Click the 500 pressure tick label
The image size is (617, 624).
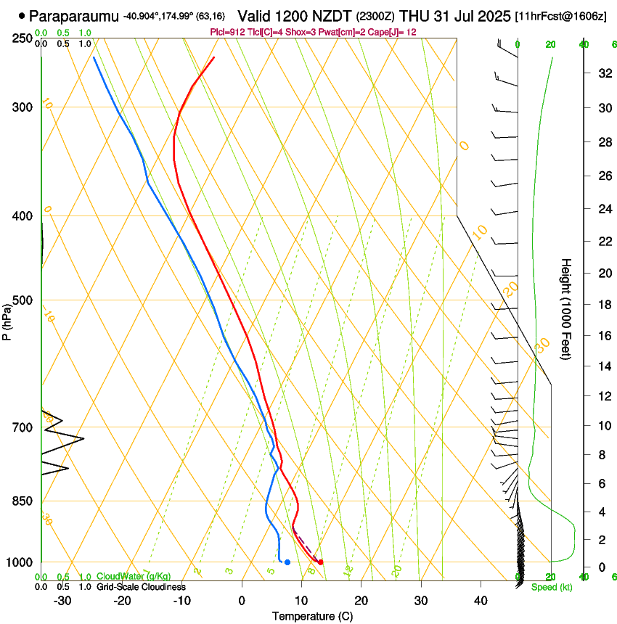tap(23, 300)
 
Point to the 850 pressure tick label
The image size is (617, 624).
tap(23, 501)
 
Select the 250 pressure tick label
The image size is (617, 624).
tap(23, 38)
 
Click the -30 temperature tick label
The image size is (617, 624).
tap(62, 601)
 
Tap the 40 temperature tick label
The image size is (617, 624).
tap(480, 601)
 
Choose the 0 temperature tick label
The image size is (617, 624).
tap(242, 601)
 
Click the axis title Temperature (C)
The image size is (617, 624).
tap(312, 616)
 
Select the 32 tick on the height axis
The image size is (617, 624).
tap(602, 73)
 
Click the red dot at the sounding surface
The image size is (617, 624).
tap(320, 562)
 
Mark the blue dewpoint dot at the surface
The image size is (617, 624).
tap(287, 562)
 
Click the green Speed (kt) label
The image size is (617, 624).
tap(551, 587)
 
